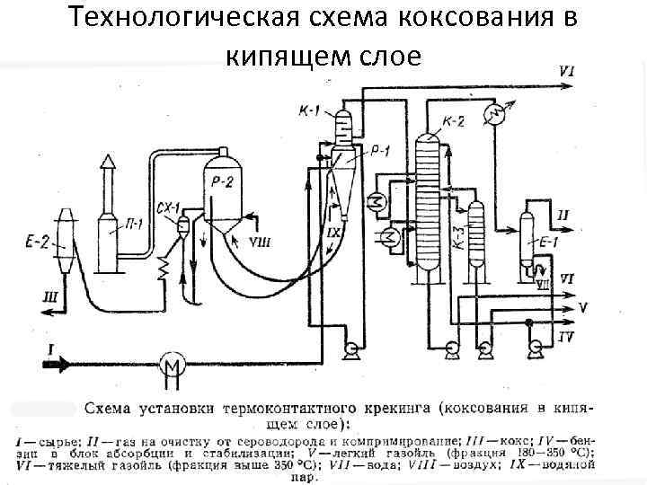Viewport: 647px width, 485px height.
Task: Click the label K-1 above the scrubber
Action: click(309, 110)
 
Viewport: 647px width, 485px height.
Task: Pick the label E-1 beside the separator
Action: click(548, 242)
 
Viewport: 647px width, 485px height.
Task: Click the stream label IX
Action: click(333, 234)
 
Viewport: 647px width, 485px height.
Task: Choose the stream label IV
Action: click(566, 337)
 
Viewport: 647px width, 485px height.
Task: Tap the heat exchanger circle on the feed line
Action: click(171, 364)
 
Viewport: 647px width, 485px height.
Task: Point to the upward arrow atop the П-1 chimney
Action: click(109, 163)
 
